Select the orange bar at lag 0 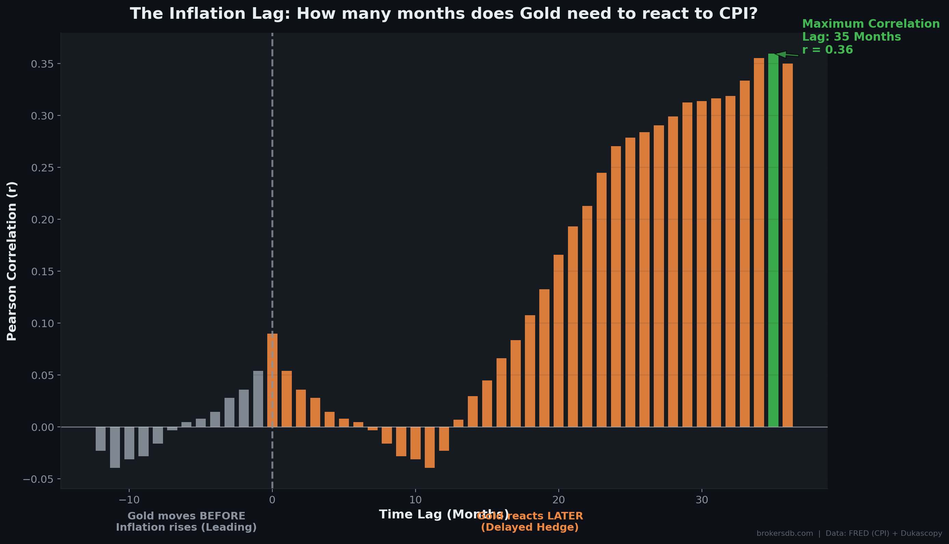[x=272, y=380]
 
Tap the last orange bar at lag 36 [x=788, y=245]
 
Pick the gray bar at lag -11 [x=115, y=447]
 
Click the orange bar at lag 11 [x=430, y=447]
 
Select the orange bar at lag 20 [x=558, y=341]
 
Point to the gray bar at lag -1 [x=258, y=399]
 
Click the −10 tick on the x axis [x=129, y=500]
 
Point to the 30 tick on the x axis [x=702, y=500]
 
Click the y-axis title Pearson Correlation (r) [x=12, y=261]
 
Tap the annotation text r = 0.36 [x=828, y=50]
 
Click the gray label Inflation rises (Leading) [x=186, y=527]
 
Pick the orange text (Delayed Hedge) [x=529, y=527]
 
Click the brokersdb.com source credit [x=785, y=533]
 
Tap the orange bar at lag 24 [x=615, y=287]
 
